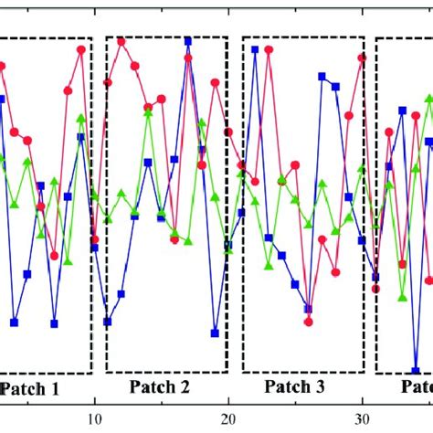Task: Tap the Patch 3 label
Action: [x=294, y=386]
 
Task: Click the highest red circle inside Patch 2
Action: [x=121, y=41]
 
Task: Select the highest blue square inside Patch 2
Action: [x=188, y=41]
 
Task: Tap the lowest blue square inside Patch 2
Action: [x=215, y=333]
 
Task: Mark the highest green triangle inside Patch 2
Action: [x=148, y=113]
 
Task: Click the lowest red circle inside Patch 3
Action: [x=309, y=322]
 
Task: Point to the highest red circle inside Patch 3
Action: [x=269, y=49]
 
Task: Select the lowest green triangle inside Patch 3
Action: [x=269, y=267]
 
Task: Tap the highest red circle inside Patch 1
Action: [x=81, y=49]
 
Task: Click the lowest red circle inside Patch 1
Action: [x=55, y=256]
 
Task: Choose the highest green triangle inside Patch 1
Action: [x=81, y=118]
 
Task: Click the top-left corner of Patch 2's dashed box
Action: [x=107, y=37]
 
